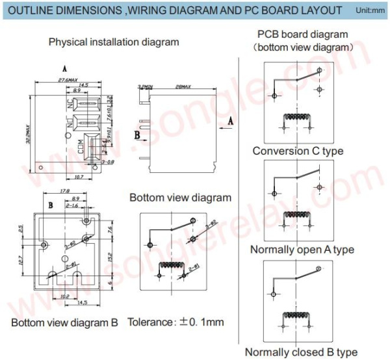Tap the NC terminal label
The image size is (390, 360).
pos(71,103)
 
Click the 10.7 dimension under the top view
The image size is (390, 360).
pos(77,176)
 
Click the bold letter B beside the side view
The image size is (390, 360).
pos(137,135)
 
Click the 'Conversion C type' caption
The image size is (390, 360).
pos(298,151)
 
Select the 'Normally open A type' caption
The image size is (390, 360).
pos(302,250)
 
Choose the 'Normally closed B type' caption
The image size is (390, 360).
pos(301,352)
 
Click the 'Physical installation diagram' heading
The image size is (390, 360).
pos(114,42)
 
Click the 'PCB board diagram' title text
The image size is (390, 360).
pos(302,34)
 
